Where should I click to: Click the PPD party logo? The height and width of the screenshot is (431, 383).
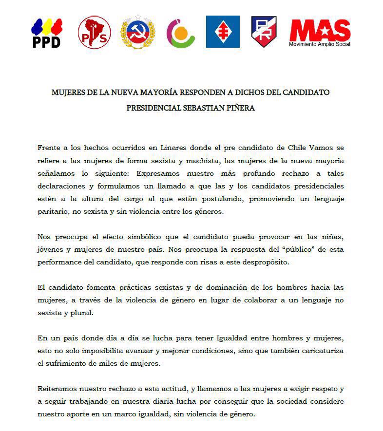click(46, 33)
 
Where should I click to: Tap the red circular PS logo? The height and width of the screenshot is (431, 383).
click(95, 32)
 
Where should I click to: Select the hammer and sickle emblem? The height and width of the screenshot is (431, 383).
click(137, 32)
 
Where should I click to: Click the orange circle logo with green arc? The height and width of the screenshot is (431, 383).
click(181, 33)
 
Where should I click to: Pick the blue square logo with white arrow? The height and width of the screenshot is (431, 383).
click(223, 32)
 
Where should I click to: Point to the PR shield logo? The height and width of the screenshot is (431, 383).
click(264, 32)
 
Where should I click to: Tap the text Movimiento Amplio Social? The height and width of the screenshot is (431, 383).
click(320, 44)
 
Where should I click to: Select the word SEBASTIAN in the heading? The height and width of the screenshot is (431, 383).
click(194, 108)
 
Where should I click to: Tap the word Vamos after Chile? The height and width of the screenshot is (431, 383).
click(322, 147)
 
